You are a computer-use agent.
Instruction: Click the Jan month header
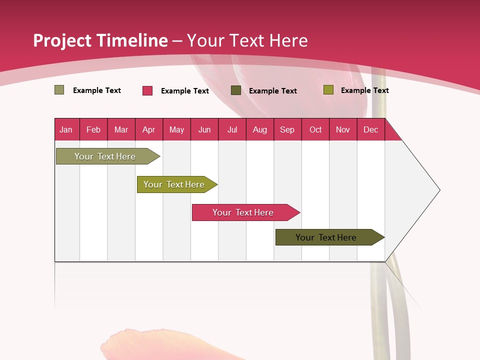[x=66, y=129]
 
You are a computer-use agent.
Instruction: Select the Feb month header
[x=93, y=129]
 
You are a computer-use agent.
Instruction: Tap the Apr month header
[x=148, y=129]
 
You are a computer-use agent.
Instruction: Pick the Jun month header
[x=204, y=129]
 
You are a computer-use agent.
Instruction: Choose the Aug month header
[x=259, y=129]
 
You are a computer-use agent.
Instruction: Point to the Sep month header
[x=287, y=129]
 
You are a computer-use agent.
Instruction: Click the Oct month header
[x=315, y=129]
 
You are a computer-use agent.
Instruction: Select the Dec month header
[x=370, y=129]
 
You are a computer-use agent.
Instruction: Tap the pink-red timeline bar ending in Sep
[x=243, y=212]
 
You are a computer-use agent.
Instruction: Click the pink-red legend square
[x=147, y=90]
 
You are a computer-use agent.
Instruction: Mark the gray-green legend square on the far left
[x=59, y=90]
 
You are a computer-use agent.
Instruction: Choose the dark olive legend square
[x=236, y=90]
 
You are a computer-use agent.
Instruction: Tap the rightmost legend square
[x=328, y=90]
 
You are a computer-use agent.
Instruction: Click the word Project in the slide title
[x=62, y=40]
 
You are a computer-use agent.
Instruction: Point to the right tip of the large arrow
[x=439, y=190]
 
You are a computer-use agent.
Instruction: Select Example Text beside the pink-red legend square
[x=185, y=91]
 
